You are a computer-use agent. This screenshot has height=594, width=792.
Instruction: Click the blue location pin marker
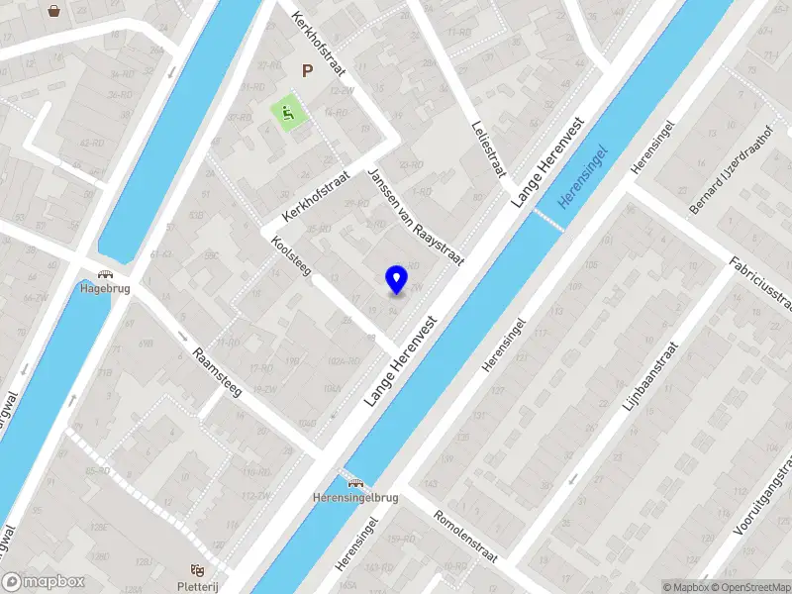397,279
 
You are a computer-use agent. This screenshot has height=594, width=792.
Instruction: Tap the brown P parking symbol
307,71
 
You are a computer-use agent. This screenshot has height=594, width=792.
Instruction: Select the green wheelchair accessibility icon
288,114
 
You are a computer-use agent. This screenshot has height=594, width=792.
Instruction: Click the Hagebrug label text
102,290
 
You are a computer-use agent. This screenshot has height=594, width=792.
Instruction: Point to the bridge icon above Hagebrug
103,275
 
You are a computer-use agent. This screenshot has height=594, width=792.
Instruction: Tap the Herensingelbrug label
354,497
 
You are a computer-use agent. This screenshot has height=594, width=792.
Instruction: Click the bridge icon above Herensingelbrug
354,483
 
